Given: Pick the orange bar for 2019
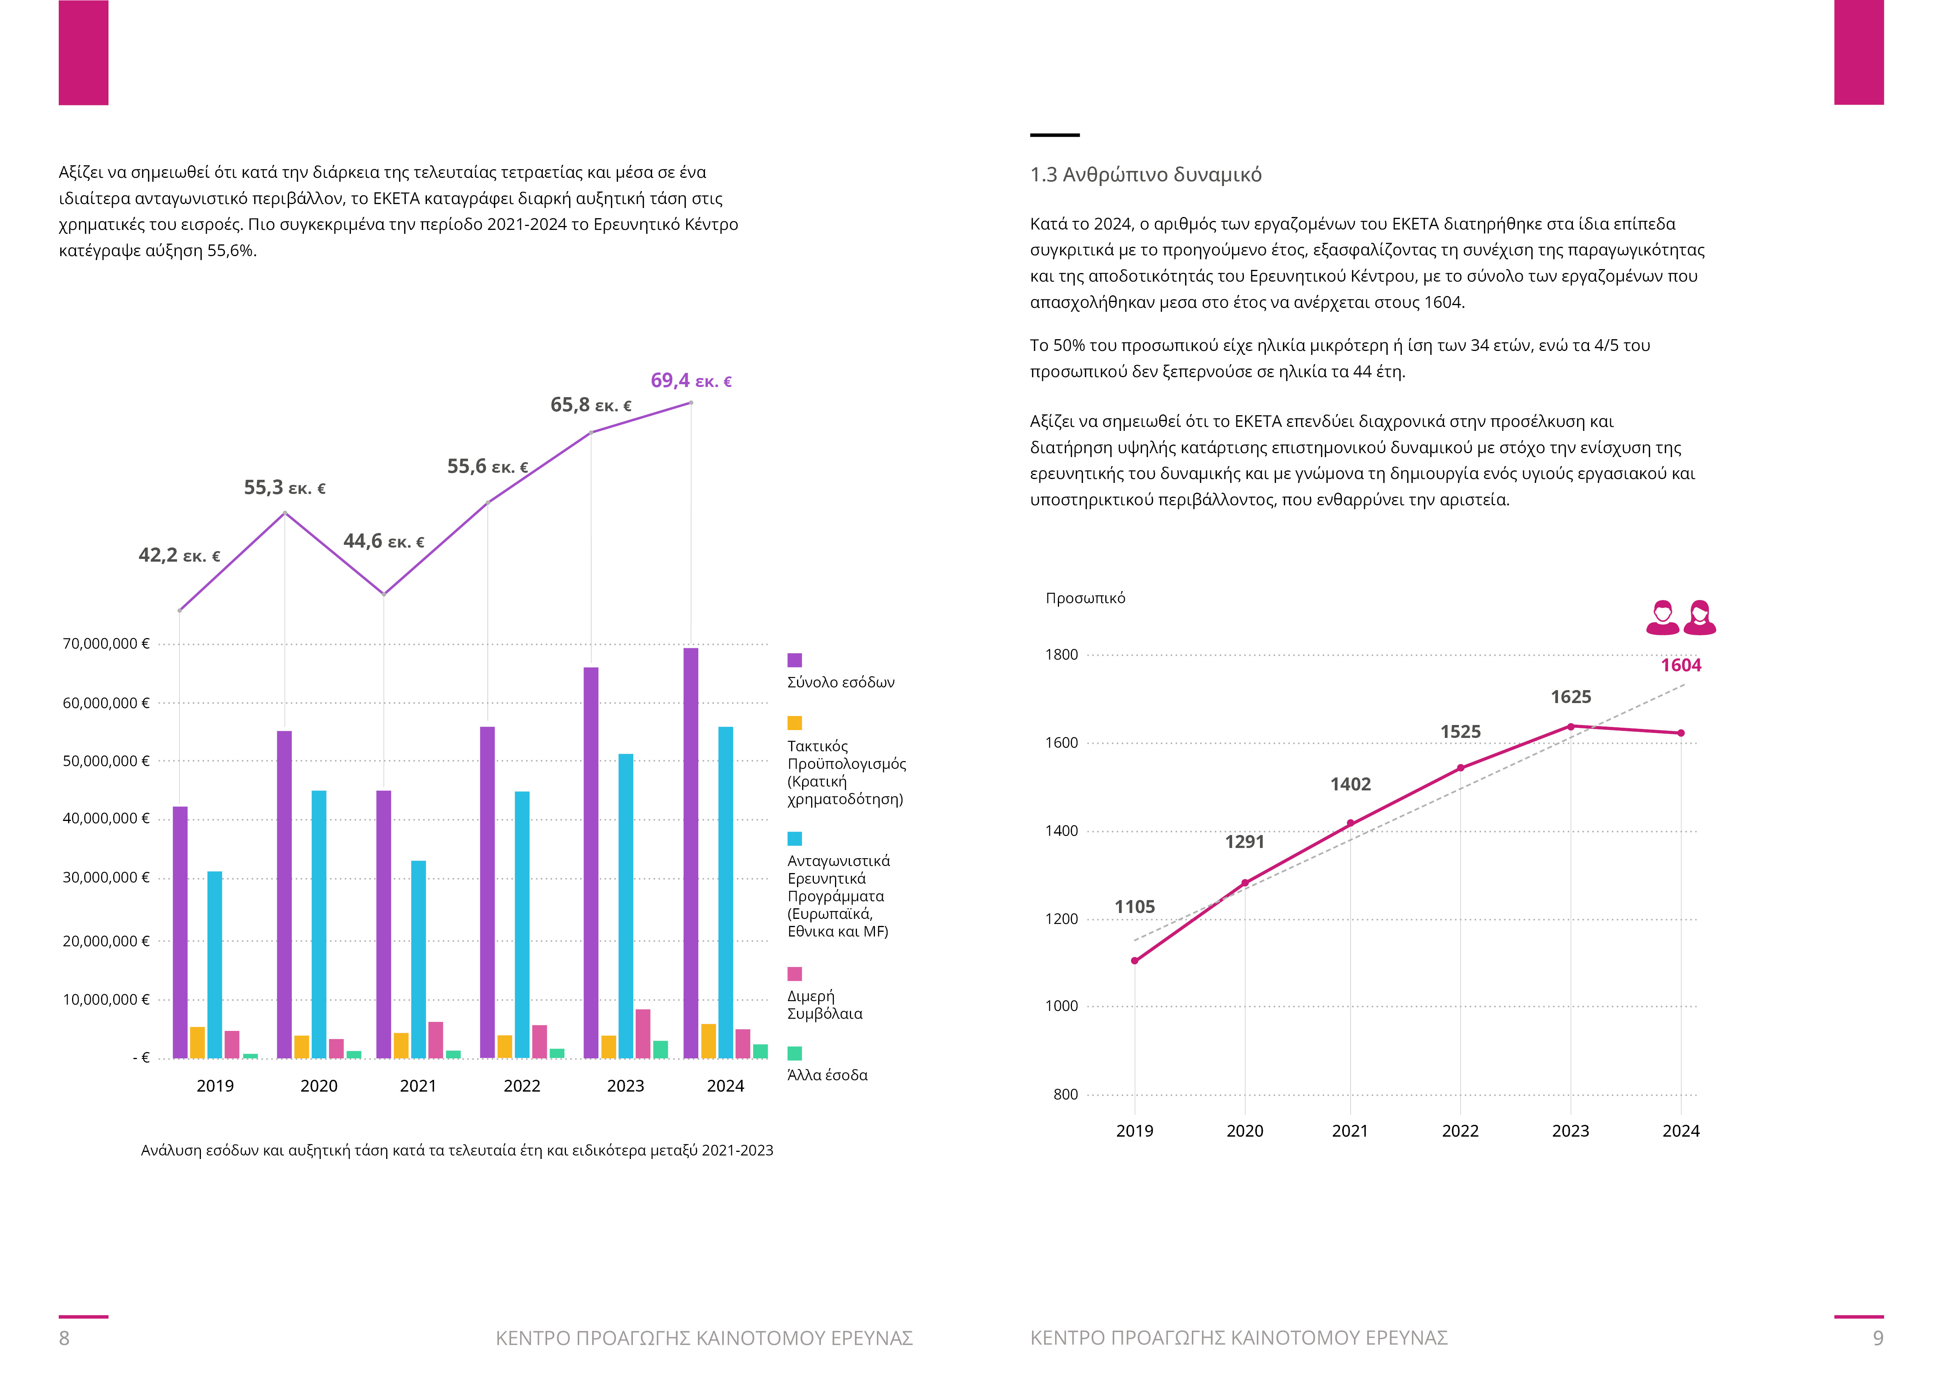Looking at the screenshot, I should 197,1042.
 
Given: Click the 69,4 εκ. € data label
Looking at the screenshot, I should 690,381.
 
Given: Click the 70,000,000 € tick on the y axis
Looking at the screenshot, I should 106,644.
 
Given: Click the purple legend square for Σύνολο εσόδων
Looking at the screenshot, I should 795,660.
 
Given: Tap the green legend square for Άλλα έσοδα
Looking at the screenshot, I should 795,1053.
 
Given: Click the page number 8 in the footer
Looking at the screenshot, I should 64,1338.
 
